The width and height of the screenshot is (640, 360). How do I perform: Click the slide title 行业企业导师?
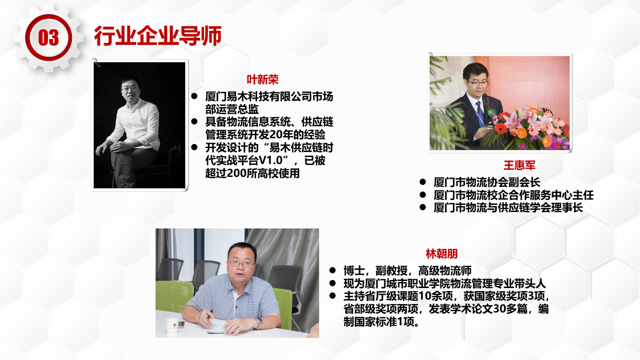158,36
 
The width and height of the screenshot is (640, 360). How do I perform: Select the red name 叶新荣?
263,80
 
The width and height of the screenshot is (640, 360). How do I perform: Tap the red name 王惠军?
520,165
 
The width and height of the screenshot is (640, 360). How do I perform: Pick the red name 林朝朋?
442,254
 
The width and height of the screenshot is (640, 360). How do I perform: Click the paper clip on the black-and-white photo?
96,62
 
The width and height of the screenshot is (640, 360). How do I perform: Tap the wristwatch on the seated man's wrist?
260,323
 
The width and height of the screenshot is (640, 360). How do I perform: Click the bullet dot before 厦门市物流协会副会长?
423,182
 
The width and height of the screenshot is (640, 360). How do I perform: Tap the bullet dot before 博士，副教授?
332,270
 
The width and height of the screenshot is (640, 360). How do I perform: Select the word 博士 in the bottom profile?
354,270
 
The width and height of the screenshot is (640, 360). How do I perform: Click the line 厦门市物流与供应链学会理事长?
508,208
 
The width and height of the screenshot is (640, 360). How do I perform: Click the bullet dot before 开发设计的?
194,148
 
